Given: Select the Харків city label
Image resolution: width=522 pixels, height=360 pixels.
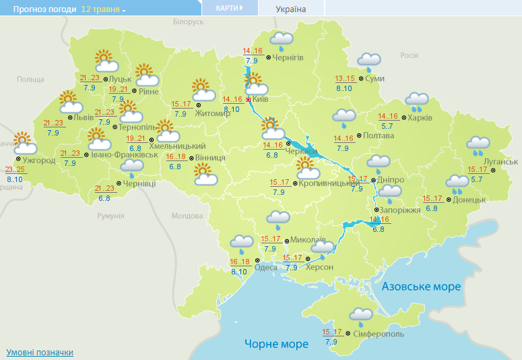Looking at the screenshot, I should [x=420, y=118].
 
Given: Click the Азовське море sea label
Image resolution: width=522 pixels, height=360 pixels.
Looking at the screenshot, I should [x=421, y=287].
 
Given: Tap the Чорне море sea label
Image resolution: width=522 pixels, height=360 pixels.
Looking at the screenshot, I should [x=277, y=344].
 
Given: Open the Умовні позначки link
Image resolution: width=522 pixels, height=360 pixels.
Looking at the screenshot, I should [x=40, y=353].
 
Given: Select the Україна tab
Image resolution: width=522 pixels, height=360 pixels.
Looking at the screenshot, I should [x=291, y=9].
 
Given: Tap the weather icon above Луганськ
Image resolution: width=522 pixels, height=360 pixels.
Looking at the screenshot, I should [x=478, y=145].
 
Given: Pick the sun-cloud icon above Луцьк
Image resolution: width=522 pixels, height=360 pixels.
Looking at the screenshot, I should [x=106, y=61].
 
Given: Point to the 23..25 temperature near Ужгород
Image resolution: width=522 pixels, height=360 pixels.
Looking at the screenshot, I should [x=15, y=169].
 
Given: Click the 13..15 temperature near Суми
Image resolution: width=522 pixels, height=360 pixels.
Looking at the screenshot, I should [x=344, y=79].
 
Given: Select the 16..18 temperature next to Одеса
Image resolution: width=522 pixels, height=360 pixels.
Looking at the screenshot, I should [x=239, y=262].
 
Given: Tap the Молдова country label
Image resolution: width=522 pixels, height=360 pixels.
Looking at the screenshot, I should [x=187, y=216].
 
